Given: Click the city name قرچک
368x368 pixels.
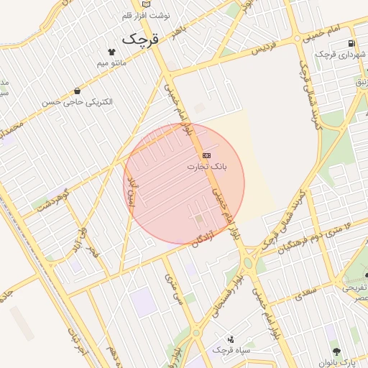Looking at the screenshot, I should tap(139, 38).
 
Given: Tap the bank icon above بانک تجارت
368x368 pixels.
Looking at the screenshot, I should tap(207, 155).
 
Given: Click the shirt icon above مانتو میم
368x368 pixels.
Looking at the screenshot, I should tap(111, 52).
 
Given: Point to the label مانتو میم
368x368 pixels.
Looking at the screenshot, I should tap(111, 63).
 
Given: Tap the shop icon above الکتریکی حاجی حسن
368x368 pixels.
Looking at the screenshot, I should tap(77, 91).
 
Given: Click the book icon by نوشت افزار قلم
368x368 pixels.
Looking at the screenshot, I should tap(147, 4).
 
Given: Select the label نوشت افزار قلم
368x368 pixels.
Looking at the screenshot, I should tap(147, 14).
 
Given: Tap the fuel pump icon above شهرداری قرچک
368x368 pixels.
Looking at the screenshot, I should tap(351, 43).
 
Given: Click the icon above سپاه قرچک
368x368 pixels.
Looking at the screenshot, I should tap(231, 339).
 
